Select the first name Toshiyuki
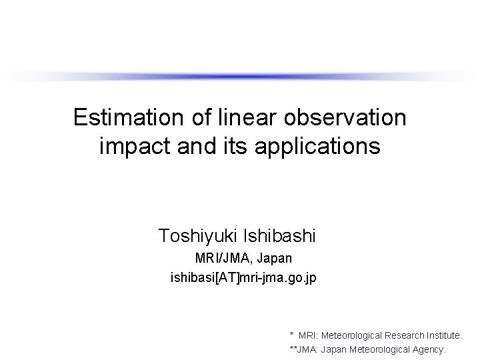[x=198, y=235]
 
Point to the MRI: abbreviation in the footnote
[x=310, y=334]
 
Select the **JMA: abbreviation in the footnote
[x=305, y=349]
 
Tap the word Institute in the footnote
[x=440, y=334]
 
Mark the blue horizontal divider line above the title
[x=240, y=75]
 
